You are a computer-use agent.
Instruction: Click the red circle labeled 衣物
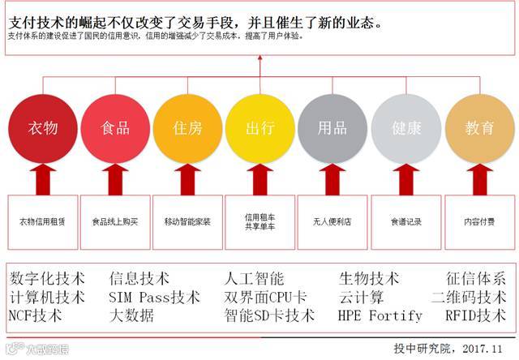tap(42, 129)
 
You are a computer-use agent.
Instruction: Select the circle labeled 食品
tap(115, 129)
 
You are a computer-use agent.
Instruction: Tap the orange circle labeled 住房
tap(188, 129)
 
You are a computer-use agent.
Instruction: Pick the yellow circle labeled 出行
tap(259, 129)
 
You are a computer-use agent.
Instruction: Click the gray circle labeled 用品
tap(332, 129)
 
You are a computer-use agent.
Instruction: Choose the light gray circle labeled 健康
tap(405, 129)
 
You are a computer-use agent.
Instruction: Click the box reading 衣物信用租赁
tap(42, 221)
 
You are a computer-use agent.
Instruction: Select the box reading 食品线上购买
tap(115, 221)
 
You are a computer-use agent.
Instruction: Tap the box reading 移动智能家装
tap(187, 221)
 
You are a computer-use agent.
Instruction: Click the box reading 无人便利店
tap(332, 221)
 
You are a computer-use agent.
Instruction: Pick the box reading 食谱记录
tap(405, 221)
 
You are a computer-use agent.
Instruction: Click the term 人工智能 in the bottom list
tap(254, 279)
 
